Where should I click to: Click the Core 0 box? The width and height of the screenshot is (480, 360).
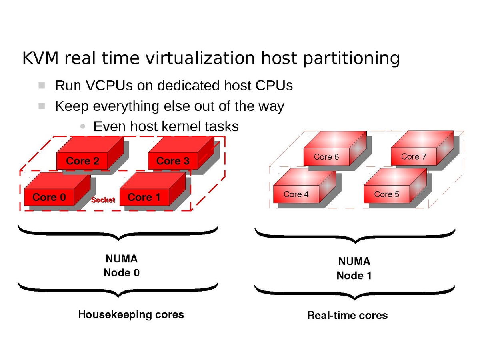[49, 197]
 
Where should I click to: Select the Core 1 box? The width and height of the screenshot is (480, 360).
[144, 197]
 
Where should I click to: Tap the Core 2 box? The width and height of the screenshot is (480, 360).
[82, 161]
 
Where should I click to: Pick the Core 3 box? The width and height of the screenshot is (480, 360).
[173, 161]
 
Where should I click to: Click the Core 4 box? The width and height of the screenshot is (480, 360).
[296, 194]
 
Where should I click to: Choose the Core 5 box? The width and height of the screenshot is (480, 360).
[386, 194]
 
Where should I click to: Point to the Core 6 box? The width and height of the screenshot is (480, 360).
[326, 157]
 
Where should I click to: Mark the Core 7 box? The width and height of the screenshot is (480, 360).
[414, 156]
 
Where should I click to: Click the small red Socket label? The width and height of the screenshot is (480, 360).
[103, 200]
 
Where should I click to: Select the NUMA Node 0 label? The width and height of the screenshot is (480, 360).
[122, 266]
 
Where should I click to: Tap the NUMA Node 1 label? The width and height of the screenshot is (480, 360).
[354, 268]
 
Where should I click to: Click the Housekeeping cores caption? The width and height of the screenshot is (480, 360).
[131, 314]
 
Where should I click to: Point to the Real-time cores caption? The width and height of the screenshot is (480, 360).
[347, 316]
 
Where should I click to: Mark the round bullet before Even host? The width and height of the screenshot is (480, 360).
[82, 127]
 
